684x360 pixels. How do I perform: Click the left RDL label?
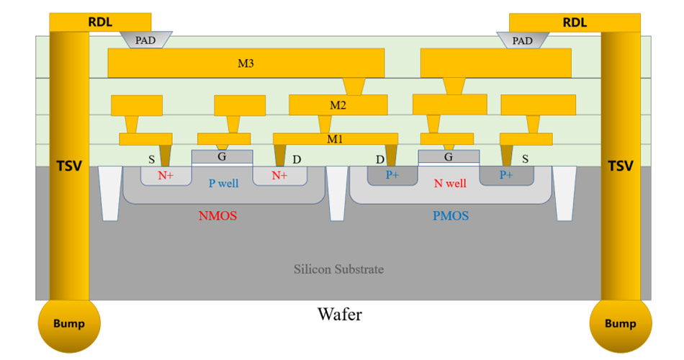click(x=100, y=22)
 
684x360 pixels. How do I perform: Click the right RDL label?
click(x=574, y=22)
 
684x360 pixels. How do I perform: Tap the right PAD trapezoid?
click(x=522, y=40)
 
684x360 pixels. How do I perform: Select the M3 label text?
click(x=246, y=63)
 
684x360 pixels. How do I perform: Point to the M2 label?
click(x=338, y=105)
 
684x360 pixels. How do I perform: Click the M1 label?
click(x=335, y=138)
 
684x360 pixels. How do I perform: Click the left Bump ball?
click(x=68, y=323)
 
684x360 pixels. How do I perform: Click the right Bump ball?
click(x=620, y=323)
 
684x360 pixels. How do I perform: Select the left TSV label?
click(x=68, y=166)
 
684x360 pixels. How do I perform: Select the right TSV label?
click(x=620, y=166)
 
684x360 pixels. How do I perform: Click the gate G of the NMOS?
click(x=222, y=156)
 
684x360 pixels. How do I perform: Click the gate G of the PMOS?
click(x=448, y=156)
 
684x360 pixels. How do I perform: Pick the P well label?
click(x=223, y=183)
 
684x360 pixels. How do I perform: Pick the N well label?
click(x=449, y=183)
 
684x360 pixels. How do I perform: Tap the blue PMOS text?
click(x=450, y=215)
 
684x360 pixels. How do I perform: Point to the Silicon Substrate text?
click(x=338, y=269)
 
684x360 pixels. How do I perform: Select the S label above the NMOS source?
click(x=151, y=159)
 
